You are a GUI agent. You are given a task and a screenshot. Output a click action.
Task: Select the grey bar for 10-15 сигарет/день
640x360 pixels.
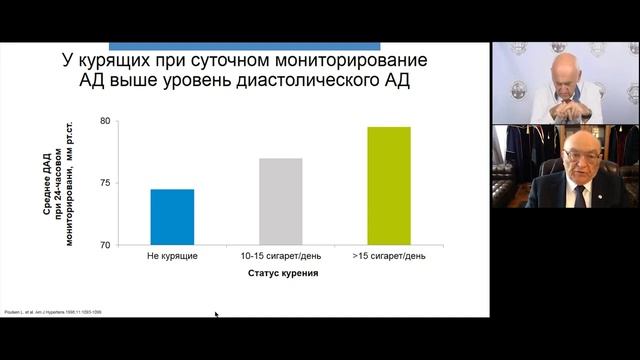(x=281, y=201)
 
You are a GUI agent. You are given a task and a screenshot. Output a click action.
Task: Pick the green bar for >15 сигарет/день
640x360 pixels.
(x=389, y=186)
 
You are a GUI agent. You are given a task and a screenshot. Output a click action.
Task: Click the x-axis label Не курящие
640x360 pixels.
(x=173, y=257)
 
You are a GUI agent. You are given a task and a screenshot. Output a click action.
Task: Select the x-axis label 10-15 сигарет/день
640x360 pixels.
(x=281, y=257)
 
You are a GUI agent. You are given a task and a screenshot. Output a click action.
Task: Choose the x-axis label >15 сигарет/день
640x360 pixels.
(x=389, y=257)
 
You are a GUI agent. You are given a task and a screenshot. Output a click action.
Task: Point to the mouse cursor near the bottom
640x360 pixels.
(x=216, y=315)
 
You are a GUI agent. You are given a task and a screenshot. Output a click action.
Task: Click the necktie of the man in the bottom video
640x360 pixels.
(x=579, y=193)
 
